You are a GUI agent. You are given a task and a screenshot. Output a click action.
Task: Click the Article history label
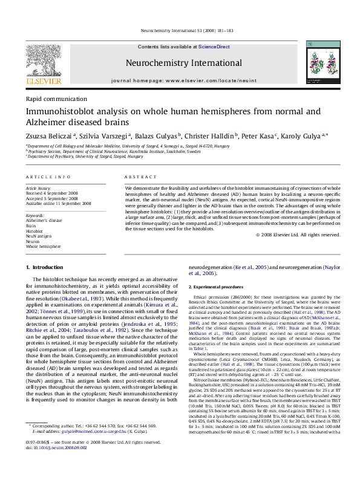click(x=38, y=189)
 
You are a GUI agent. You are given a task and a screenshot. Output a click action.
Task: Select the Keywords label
click(x=36, y=215)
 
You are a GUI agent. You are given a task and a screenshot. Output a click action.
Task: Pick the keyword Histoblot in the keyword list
click(x=34, y=230)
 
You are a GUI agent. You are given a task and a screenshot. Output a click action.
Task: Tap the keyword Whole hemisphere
click(x=43, y=247)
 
